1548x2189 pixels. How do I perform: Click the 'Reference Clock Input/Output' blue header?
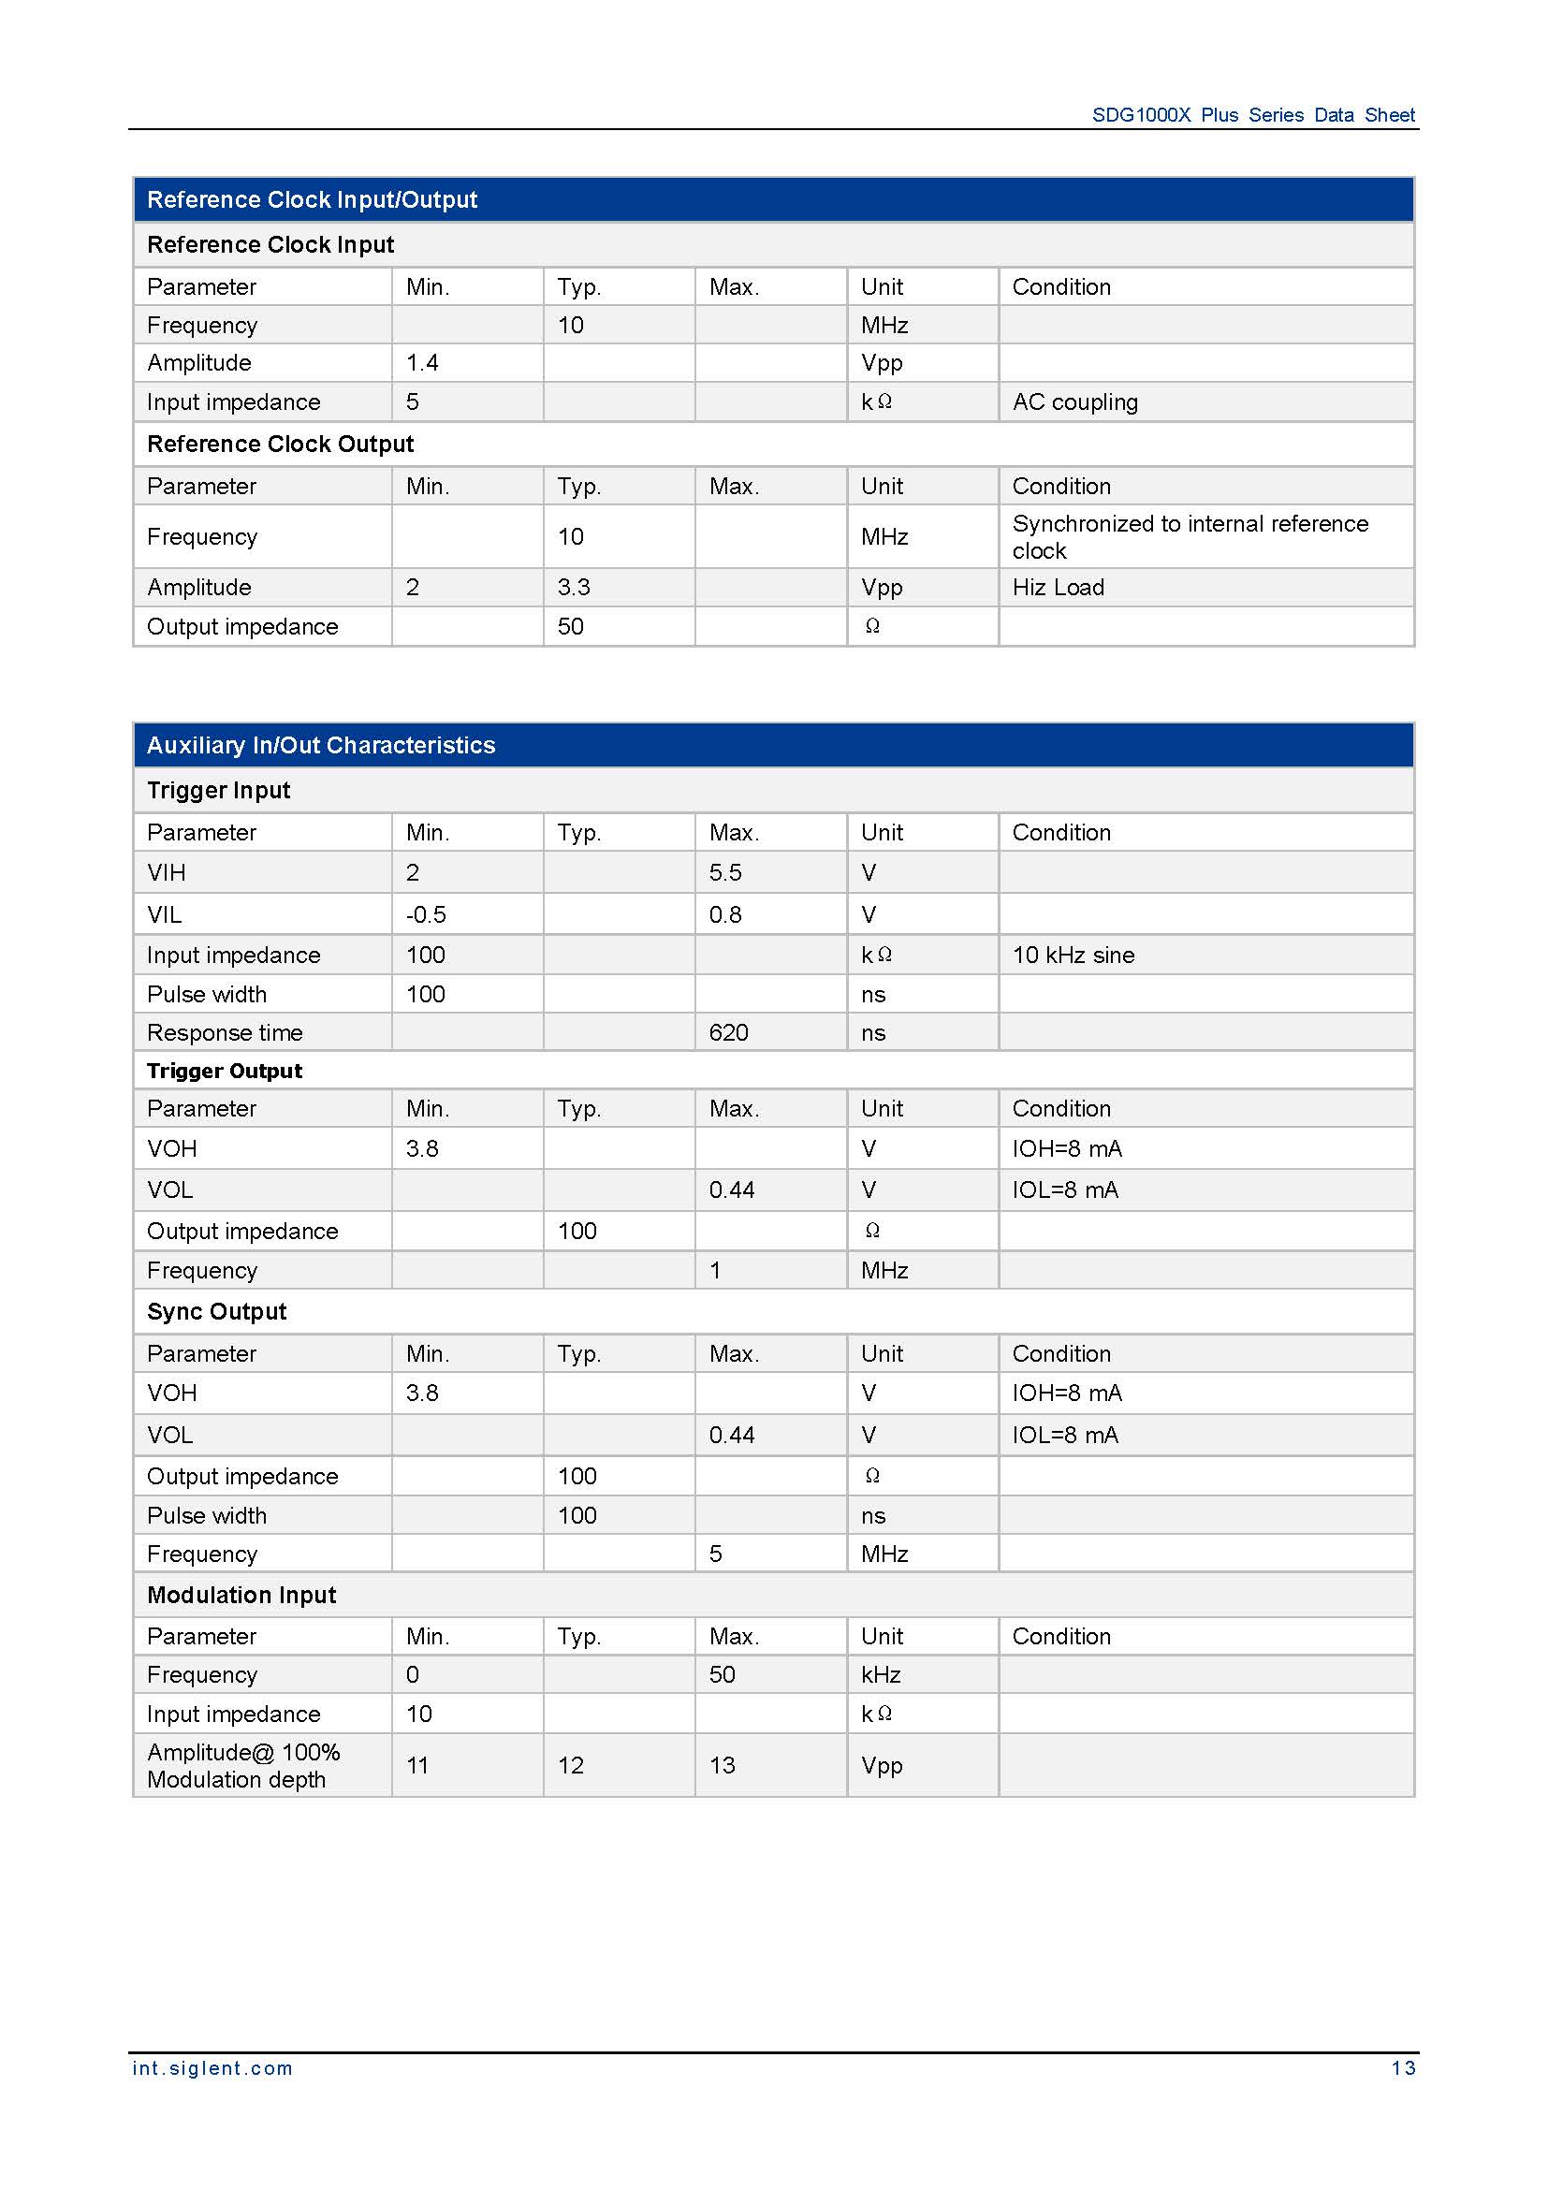pyautogui.click(x=312, y=199)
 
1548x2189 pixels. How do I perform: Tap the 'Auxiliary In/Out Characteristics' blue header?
pyautogui.click(x=320, y=745)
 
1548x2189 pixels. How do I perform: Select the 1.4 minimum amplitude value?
pyautogui.click(x=421, y=363)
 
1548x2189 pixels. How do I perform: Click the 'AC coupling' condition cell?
pyautogui.click(x=1074, y=402)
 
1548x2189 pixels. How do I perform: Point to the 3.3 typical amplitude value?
pyautogui.click(x=574, y=588)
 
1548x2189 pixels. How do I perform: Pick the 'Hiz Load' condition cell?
pyautogui.click(x=1059, y=588)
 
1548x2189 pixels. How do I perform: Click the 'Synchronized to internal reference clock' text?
pyautogui.click(x=1189, y=537)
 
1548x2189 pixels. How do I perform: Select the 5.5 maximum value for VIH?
pyautogui.click(x=725, y=872)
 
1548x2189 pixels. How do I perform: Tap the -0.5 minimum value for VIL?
pyautogui.click(x=426, y=914)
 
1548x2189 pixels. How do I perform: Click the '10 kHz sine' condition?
pyautogui.click(x=1073, y=956)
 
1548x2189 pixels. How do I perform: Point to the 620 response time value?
pyautogui.click(x=728, y=1032)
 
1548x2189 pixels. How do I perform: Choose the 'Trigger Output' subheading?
pyautogui.click(x=224, y=1071)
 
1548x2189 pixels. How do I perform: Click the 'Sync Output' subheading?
pyautogui.click(x=216, y=1312)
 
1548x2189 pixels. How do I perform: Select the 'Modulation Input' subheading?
pyautogui.click(x=241, y=1595)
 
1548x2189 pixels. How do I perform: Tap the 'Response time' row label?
pyautogui.click(x=224, y=1032)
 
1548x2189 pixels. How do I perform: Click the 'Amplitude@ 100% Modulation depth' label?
pyautogui.click(x=243, y=1766)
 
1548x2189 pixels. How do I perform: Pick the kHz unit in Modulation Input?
pyautogui.click(x=881, y=1675)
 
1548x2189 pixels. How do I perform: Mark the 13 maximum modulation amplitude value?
pyautogui.click(x=722, y=1766)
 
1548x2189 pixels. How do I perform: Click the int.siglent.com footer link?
pyautogui.click(x=212, y=2068)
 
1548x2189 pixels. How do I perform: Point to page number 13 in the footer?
pyautogui.click(x=1403, y=2068)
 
